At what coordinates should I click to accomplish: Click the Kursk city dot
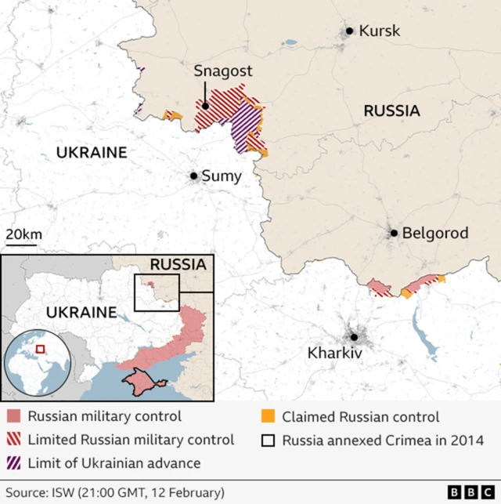point(349,31)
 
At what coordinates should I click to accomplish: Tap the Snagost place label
point(223,71)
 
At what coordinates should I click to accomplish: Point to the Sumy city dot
point(193,176)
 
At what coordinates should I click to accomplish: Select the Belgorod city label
point(434,233)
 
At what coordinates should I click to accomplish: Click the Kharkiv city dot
point(354,337)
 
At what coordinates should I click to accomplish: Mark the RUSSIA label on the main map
point(391,111)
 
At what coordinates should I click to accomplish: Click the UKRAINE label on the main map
point(91,153)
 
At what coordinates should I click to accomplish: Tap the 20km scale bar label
point(24,234)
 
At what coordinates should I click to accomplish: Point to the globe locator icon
point(38,366)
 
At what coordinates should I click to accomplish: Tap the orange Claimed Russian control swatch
point(269,417)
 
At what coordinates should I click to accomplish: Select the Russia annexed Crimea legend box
point(269,440)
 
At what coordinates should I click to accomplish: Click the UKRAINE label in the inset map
point(81,312)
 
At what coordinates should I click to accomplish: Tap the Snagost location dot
point(205,106)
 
